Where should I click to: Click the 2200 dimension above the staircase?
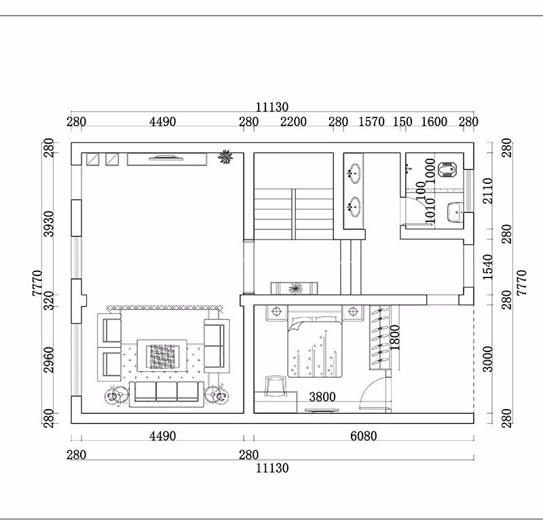293,122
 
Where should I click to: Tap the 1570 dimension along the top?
371,122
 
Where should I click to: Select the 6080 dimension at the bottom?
364,436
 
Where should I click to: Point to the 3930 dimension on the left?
49,224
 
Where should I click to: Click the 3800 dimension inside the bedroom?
322,397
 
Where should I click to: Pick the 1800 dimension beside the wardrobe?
394,338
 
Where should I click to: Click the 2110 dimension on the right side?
487,191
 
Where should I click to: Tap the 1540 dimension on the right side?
487,267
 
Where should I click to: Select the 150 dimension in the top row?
402,122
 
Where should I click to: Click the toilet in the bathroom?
447,170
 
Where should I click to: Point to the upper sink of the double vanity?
354,173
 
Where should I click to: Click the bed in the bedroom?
315,347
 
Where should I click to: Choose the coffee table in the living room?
162,356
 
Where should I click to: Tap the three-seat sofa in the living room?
166,394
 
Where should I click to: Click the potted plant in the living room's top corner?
225,157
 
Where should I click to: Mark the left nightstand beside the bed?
276,312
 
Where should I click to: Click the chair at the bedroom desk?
276,386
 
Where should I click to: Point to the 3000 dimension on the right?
487,359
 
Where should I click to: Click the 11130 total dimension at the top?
272,107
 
